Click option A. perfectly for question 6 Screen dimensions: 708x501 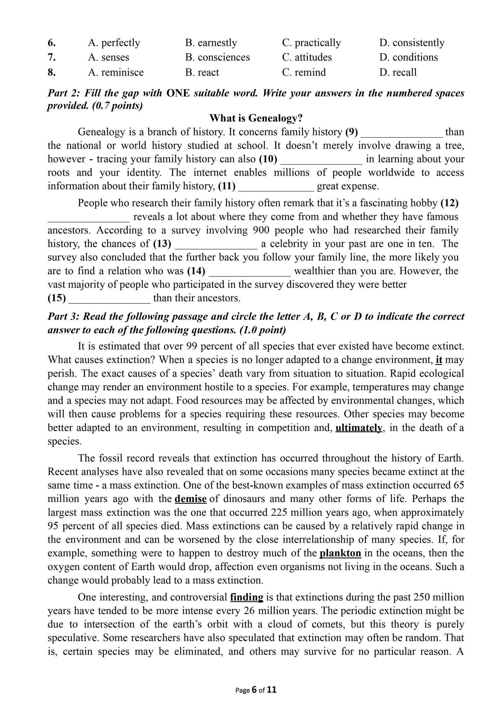[x=114, y=43]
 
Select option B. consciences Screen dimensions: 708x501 [x=218, y=57]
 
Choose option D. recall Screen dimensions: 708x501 [x=398, y=72]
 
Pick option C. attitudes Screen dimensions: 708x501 [x=307, y=57]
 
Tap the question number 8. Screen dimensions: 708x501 [x=51, y=72]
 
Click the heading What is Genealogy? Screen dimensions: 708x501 [x=256, y=118]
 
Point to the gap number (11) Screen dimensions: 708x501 [x=227, y=186]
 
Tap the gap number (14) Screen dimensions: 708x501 [x=196, y=271]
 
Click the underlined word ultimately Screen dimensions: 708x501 [x=359, y=428]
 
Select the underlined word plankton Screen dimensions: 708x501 [x=340, y=553]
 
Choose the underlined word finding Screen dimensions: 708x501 [x=246, y=597]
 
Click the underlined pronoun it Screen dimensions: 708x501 [x=439, y=360]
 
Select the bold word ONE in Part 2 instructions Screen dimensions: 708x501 [x=178, y=93]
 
